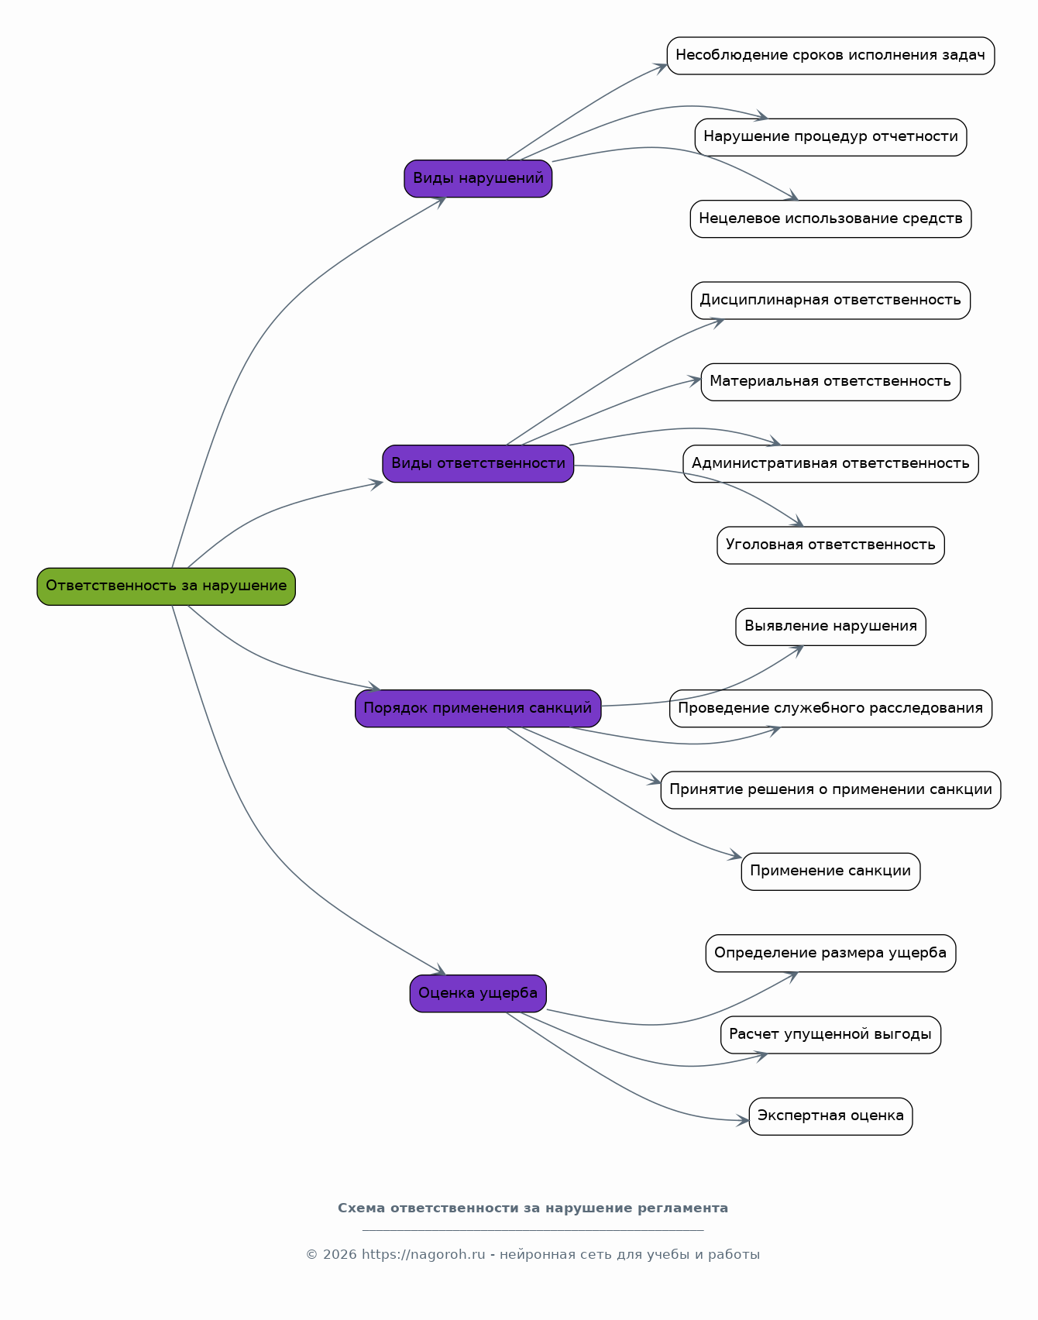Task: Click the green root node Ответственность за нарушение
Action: pyautogui.click(x=166, y=586)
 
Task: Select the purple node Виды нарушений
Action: pyautogui.click(x=478, y=178)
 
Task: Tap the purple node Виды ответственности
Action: pyautogui.click(x=478, y=463)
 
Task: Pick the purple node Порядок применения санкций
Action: pyautogui.click(x=478, y=708)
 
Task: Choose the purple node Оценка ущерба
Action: pyautogui.click(x=478, y=993)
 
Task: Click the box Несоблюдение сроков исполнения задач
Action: pyautogui.click(x=830, y=56)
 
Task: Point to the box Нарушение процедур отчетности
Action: pyautogui.click(x=830, y=137)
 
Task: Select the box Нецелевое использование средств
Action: pyautogui.click(x=830, y=218)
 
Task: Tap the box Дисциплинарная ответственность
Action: pyautogui.click(x=830, y=301)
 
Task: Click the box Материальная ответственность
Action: pyautogui.click(x=830, y=382)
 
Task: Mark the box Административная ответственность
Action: pyautogui.click(x=830, y=463)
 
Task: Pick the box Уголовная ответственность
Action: pyautogui.click(x=830, y=545)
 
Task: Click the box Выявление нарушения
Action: pyautogui.click(x=830, y=627)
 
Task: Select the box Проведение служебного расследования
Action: pyautogui.click(x=830, y=708)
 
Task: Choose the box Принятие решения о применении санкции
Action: pyautogui.click(x=830, y=790)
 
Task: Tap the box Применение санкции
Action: pyautogui.click(x=830, y=871)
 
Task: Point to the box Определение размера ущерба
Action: pyautogui.click(x=830, y=953)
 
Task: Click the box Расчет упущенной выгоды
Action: pyautogui.click(x=830, y=1035)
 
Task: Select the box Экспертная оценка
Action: pyautogui.click(x=830, y=1116)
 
